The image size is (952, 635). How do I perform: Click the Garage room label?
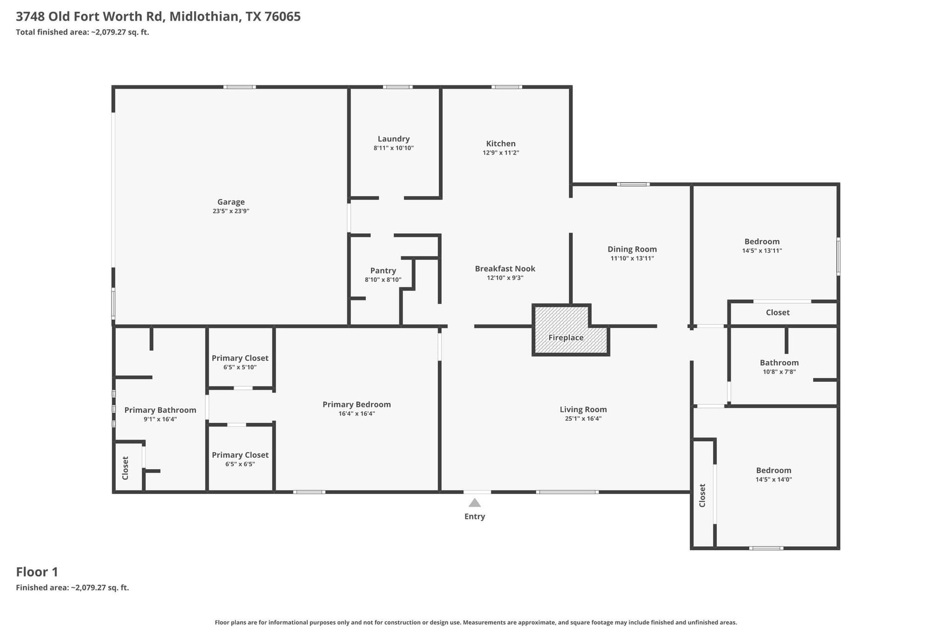(231, 202)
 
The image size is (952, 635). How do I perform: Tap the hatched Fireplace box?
(570, 330)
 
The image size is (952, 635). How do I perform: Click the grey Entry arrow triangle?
(475, 503)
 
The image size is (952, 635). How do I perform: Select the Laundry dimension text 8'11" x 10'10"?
(394, 148)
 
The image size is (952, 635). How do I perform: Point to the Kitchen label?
(501, 143)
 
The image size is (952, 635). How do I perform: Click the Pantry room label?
(383, 270)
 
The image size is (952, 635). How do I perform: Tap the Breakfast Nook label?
(505, 268)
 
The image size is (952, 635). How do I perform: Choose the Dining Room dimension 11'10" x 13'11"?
(632, 258)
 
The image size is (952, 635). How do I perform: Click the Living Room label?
(583, 409)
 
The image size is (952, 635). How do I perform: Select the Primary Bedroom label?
(357, 404)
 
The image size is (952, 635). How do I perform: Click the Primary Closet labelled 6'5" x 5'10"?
(240, 358)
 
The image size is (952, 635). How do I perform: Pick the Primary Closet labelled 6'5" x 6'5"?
(240, 455)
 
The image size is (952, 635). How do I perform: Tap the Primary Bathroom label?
(160, 410)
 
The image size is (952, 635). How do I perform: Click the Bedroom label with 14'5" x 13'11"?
(762, 242)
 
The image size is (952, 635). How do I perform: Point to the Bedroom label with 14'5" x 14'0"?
(773, 470)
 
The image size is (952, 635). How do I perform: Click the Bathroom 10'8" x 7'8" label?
(779, 363)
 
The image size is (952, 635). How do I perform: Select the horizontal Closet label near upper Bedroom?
(777, 313)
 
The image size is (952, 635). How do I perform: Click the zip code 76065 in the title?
(283, 16)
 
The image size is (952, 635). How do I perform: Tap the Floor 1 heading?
(37, 572)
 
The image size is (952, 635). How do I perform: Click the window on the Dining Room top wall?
(633, 185)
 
